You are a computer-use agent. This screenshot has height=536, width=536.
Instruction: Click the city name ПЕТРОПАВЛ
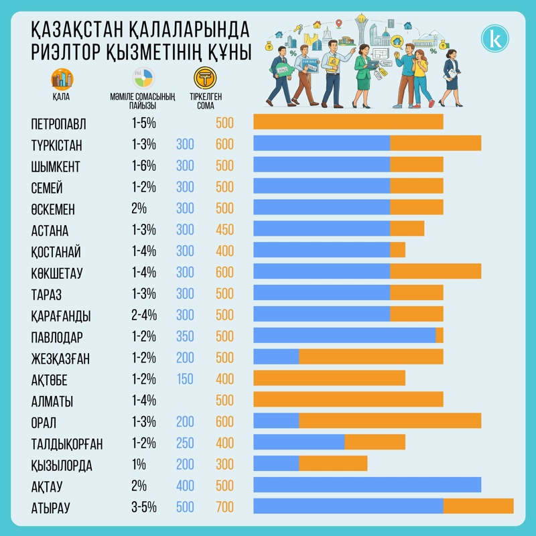coord(59,124)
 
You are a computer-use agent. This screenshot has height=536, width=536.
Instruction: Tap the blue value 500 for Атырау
coord(185,508)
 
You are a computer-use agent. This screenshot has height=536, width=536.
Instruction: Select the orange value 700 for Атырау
coord(224,508)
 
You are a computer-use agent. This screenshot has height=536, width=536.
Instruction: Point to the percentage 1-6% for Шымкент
coord(143,165)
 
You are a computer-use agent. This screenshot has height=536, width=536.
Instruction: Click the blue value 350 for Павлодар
coord(185,336)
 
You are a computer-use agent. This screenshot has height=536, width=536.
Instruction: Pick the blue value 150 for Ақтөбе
coord(185,379)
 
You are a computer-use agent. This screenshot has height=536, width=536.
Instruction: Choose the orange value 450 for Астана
coord(224,230)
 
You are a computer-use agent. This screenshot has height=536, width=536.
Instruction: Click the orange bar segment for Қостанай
coord(397,250)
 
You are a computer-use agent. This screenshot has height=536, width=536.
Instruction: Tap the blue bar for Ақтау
coord(367,484)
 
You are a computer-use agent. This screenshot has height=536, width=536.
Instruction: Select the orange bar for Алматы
coord(348,399)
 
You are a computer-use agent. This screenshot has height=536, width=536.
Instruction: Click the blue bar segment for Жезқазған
coord(276,356)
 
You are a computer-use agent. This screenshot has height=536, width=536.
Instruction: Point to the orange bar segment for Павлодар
coord(440,335)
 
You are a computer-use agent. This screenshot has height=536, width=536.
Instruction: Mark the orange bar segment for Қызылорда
coord(333,463)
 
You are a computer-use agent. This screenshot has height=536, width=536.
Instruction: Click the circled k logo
coord(495,38)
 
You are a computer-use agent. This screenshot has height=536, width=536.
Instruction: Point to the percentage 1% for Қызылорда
coord(139,465)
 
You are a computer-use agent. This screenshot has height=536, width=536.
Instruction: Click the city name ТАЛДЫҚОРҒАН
coord(67,444)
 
